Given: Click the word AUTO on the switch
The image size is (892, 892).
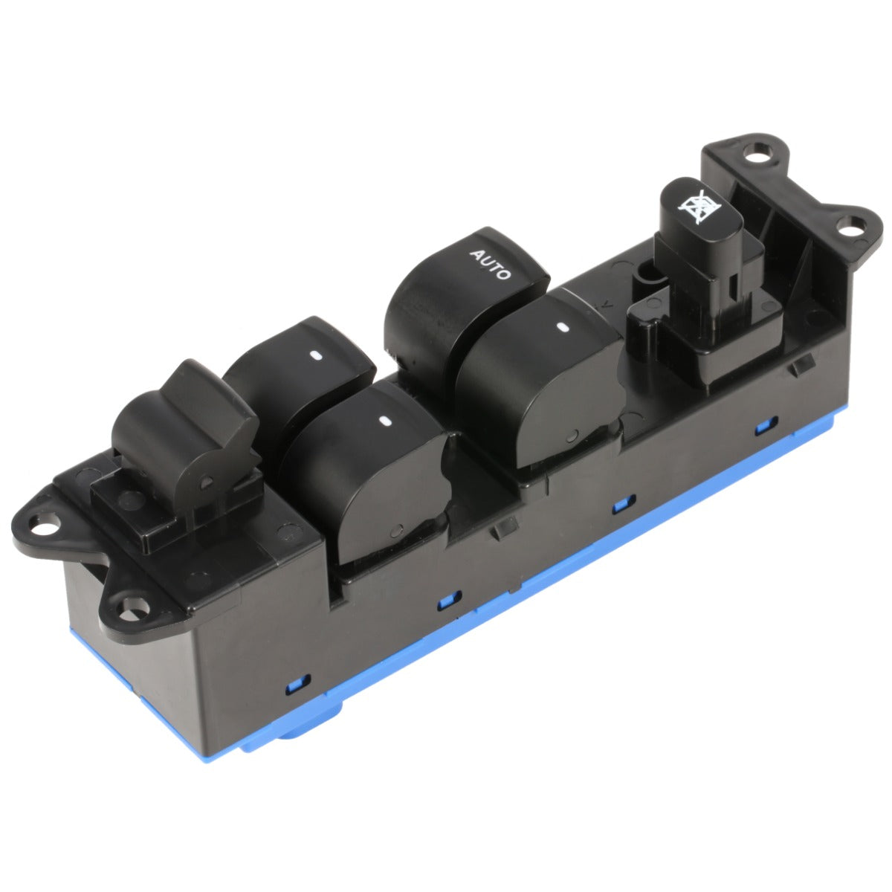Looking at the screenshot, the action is (490, 264).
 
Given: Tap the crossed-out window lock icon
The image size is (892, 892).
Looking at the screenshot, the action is (699, 207).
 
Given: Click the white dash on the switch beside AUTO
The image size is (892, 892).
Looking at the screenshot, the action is (563, 327).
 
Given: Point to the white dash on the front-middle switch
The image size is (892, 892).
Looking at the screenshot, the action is (384, 421).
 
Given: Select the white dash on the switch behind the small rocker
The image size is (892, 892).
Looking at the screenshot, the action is (317, 356).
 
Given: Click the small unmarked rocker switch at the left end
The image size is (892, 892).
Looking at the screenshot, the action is (184, 432).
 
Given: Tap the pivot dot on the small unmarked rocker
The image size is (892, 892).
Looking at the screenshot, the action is (207, 483).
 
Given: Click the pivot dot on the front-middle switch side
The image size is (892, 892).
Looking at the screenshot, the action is (396, 531).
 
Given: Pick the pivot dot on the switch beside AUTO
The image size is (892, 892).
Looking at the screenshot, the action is (572, 436).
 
